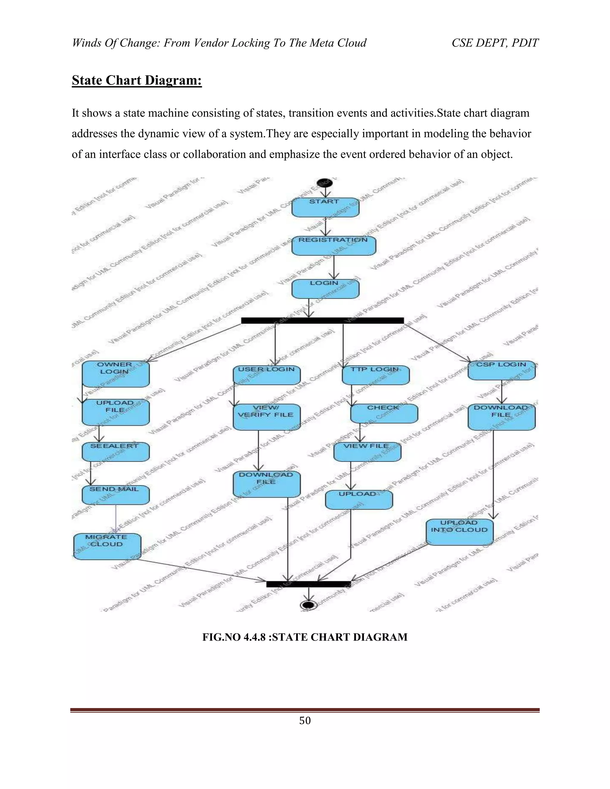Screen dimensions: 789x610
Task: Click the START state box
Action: (x=325, y=207)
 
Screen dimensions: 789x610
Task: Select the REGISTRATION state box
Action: (x=334, y=246)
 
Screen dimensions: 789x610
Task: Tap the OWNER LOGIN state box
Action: (x=116, y=374)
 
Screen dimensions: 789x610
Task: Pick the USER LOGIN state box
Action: (x=267, y=375)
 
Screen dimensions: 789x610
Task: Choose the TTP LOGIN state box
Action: (x=376, y=375)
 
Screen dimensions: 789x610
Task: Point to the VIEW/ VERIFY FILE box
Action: (x=267, y=417)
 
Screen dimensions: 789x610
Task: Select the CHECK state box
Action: (x=384, y=413)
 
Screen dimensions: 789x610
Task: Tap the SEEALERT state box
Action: (x=116, y=452)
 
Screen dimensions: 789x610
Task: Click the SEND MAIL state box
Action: (x=116, y=495)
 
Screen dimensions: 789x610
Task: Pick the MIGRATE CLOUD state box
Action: (x=107, y=546)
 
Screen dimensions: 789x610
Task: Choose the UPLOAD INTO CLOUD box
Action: (x=459, y=532)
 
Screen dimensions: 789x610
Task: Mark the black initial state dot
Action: (x=324, y=183)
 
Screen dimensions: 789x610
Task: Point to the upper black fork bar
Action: (x=322, y=320)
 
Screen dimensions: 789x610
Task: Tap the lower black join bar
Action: (x=308, y=584)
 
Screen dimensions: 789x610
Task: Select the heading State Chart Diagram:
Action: (x=137, y=80)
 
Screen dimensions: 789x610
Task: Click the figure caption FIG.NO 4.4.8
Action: (x=305, y=637)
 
